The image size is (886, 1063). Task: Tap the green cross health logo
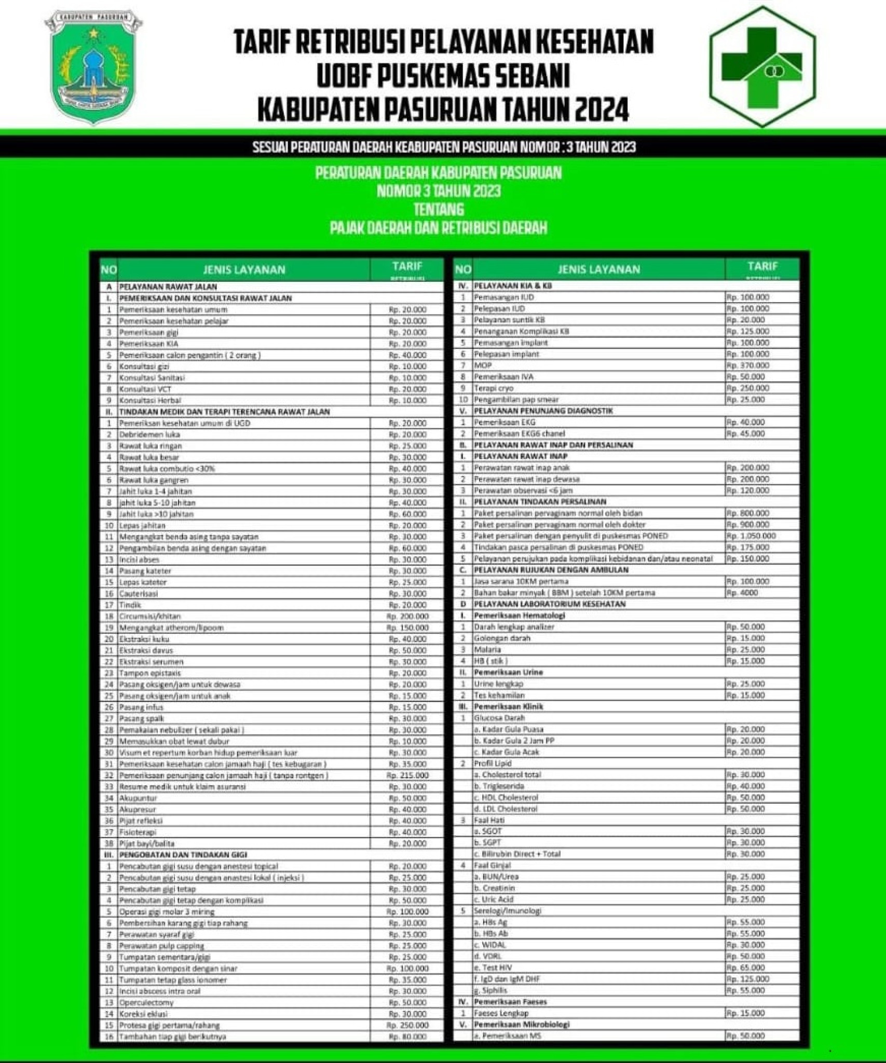(762, 66)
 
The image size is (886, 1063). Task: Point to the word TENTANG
(439, 209)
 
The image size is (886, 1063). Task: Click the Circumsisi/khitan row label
(150, 616)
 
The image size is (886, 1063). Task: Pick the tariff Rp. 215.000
(407, 775)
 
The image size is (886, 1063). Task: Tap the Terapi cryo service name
(494, 388)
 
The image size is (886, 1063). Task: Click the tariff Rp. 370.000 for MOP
(748, 365)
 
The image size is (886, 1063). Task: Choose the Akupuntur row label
(138, 798)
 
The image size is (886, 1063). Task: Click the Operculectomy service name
(146, 1002)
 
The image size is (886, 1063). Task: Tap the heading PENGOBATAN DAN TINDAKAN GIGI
(183, 854)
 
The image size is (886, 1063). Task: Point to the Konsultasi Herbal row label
(150, 400)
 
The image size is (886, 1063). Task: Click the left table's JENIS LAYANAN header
(244, 269)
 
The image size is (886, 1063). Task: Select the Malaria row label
(487, 649)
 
